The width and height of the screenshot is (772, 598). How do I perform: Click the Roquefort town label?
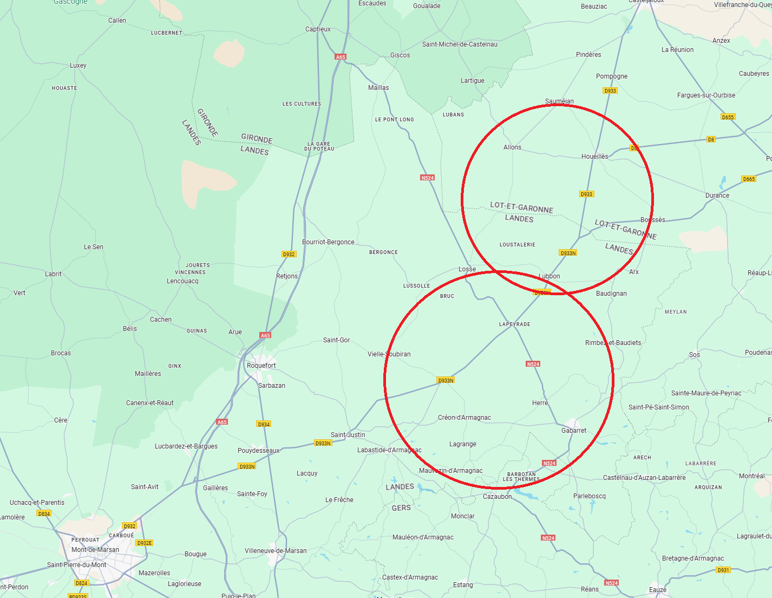tap(261, 366)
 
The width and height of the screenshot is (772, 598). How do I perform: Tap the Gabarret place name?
tap(573, 431)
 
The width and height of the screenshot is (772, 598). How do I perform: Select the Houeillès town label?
tap(594, 157)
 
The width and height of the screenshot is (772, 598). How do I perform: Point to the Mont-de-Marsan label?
tap(95, 550)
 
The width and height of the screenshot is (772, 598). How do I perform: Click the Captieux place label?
tap(318, 29)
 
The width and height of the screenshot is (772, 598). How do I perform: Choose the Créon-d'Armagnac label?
tap(464, 418)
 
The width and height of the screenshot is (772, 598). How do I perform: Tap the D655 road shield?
tap(728, 117)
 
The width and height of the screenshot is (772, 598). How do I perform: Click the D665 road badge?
tap(749, 179)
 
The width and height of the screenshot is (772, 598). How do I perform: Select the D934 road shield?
tap(264, 424)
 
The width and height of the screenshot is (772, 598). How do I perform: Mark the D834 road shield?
tap(44, 513)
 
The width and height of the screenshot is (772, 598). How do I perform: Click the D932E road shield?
tap(145, 543)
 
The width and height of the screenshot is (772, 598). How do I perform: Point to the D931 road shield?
tap(723, 570)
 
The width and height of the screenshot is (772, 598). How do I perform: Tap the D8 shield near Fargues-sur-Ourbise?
tap(711, 139)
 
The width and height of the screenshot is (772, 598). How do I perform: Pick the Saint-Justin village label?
tap(348, 435)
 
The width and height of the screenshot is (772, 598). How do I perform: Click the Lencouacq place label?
tap(182, 281)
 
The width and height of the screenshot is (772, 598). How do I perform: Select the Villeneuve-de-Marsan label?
tap(276, 551)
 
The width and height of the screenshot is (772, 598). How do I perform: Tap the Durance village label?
tap(717, 196)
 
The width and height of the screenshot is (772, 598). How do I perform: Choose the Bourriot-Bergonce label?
tap(328, 242)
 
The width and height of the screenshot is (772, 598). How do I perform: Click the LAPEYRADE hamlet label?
tap(514, 324)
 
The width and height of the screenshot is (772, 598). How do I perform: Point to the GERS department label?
tap(401, 508)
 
